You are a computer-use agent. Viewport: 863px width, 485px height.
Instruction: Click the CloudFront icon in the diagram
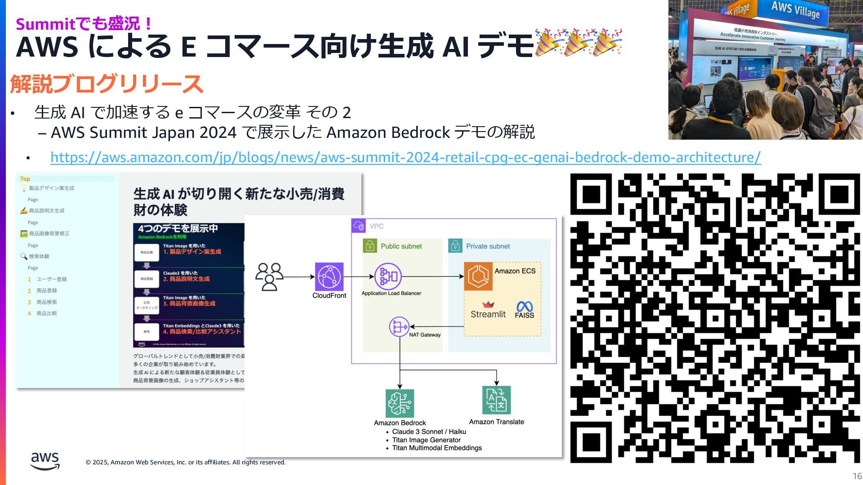click(329, 277)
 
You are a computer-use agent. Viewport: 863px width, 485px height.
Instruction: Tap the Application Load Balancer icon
click(388, 277)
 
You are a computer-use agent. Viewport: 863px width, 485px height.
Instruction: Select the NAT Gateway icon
click(399, 327)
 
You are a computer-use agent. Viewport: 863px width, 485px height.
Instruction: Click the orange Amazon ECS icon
click(478, 276)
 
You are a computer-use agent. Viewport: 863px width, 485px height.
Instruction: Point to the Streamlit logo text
click(488, 314)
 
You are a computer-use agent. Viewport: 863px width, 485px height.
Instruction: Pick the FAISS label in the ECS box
click(524, 315)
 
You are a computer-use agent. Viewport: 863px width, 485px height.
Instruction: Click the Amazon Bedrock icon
click(400, 403)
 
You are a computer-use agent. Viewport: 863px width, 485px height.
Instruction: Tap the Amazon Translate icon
click(496, 400)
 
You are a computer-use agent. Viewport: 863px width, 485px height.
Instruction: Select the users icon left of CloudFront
click(269, 277)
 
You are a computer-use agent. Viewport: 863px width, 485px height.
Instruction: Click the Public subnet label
click(401, 246)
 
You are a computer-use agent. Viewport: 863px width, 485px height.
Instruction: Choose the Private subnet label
click(488, 246)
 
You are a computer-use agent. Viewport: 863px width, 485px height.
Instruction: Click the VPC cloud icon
click(359, 225)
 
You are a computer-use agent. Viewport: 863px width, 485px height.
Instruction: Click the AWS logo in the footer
click(45, 461)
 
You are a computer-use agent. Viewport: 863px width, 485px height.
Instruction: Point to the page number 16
click(857, 476)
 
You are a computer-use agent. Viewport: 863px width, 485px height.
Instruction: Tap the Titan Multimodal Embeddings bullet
click(436, 448)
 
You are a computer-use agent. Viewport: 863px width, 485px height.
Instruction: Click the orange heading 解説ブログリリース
click(107, 84)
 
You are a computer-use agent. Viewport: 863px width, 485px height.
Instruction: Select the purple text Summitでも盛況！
click(84, 23)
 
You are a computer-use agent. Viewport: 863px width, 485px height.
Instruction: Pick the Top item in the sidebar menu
click(25, 179)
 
